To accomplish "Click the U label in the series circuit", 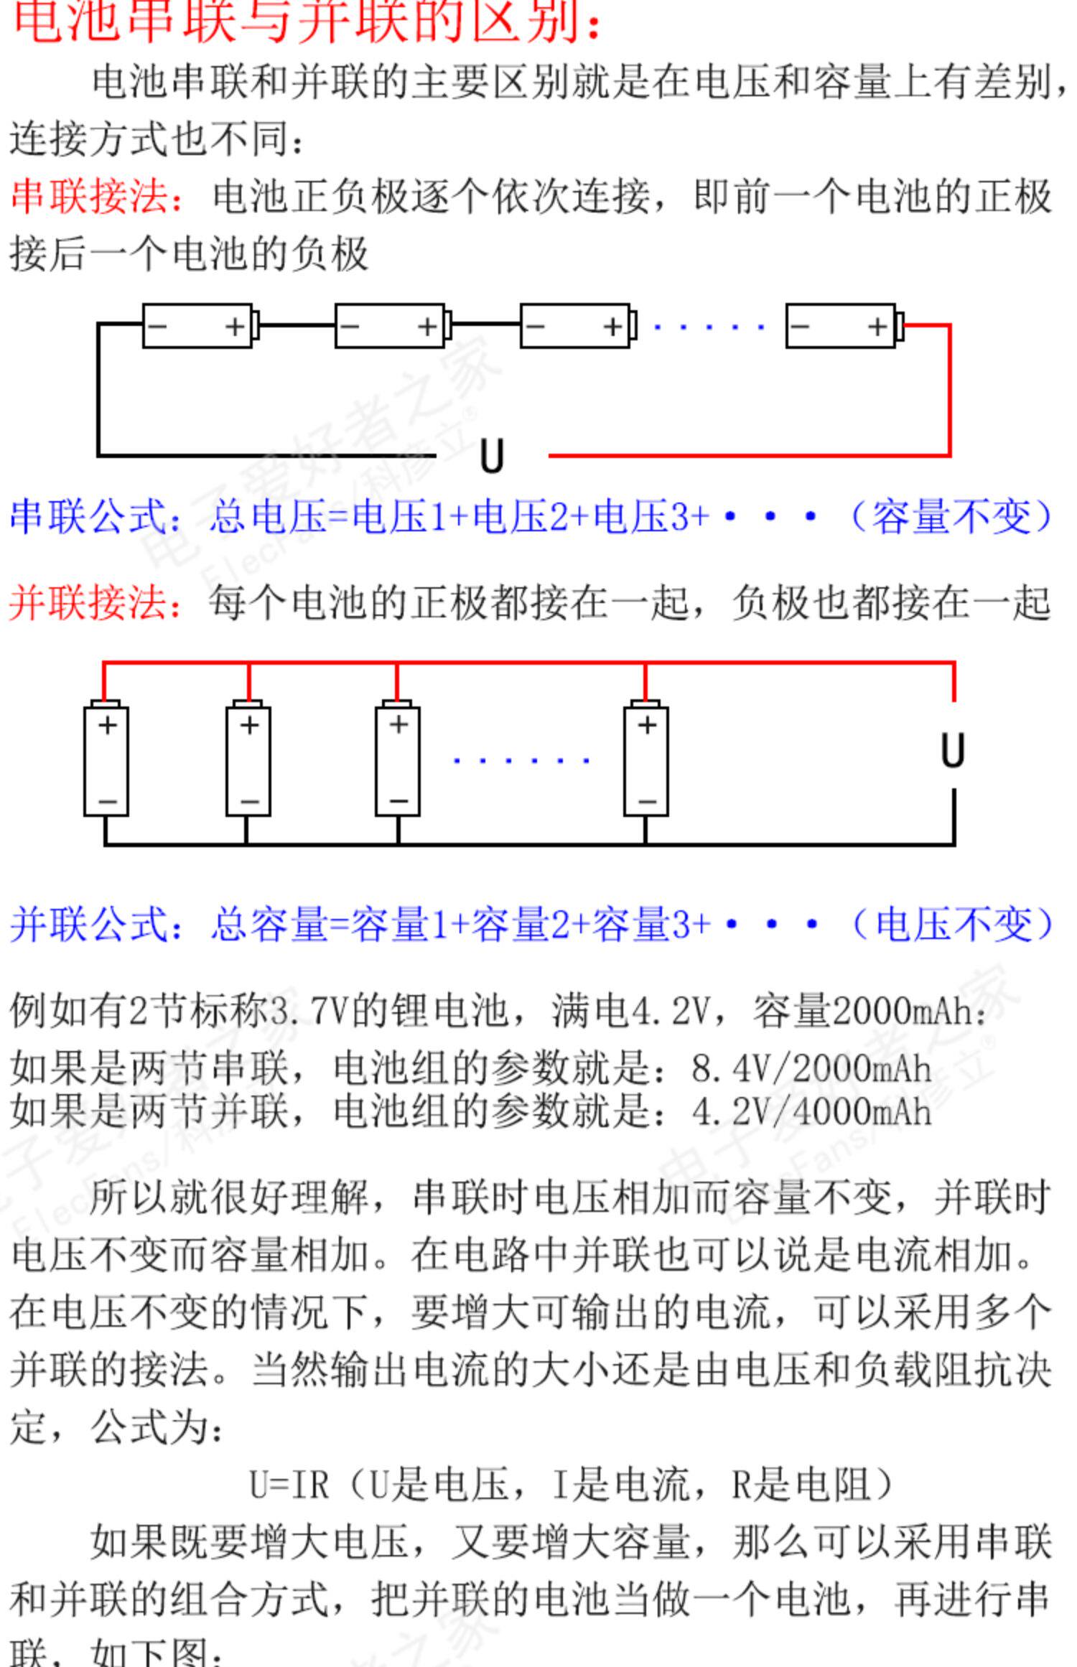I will point(492,456).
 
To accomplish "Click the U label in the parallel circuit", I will point(953,751).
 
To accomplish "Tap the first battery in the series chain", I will point(198,327).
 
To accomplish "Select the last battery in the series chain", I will point(841,327).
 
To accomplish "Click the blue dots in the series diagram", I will point(708,327).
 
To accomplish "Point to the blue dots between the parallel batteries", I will point(521,760).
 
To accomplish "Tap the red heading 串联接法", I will point(90,196).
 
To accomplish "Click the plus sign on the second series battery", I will point(428,327).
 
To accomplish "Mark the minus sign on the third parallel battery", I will point(398,800).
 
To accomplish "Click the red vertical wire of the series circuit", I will point(950,391).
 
